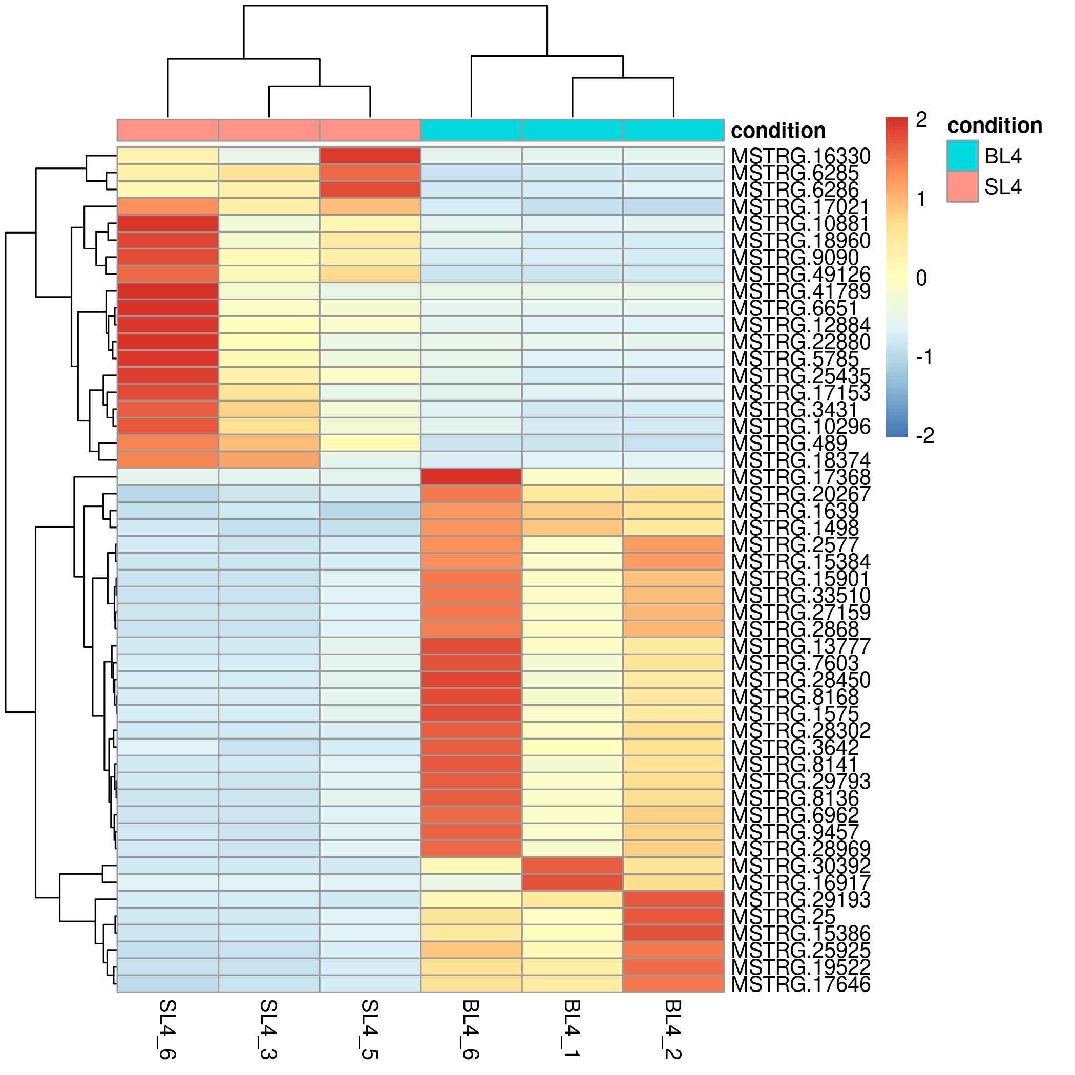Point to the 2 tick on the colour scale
(921, 120)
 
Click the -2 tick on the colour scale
(924, 436)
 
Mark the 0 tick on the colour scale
(921, 278)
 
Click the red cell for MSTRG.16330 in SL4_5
(370, 156)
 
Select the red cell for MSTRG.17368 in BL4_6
(471, 477)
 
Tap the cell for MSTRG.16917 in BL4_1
(572, 882)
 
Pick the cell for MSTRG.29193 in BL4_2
(673, 899)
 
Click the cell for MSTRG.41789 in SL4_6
(167, 291)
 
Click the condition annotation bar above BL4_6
(471, 130)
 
